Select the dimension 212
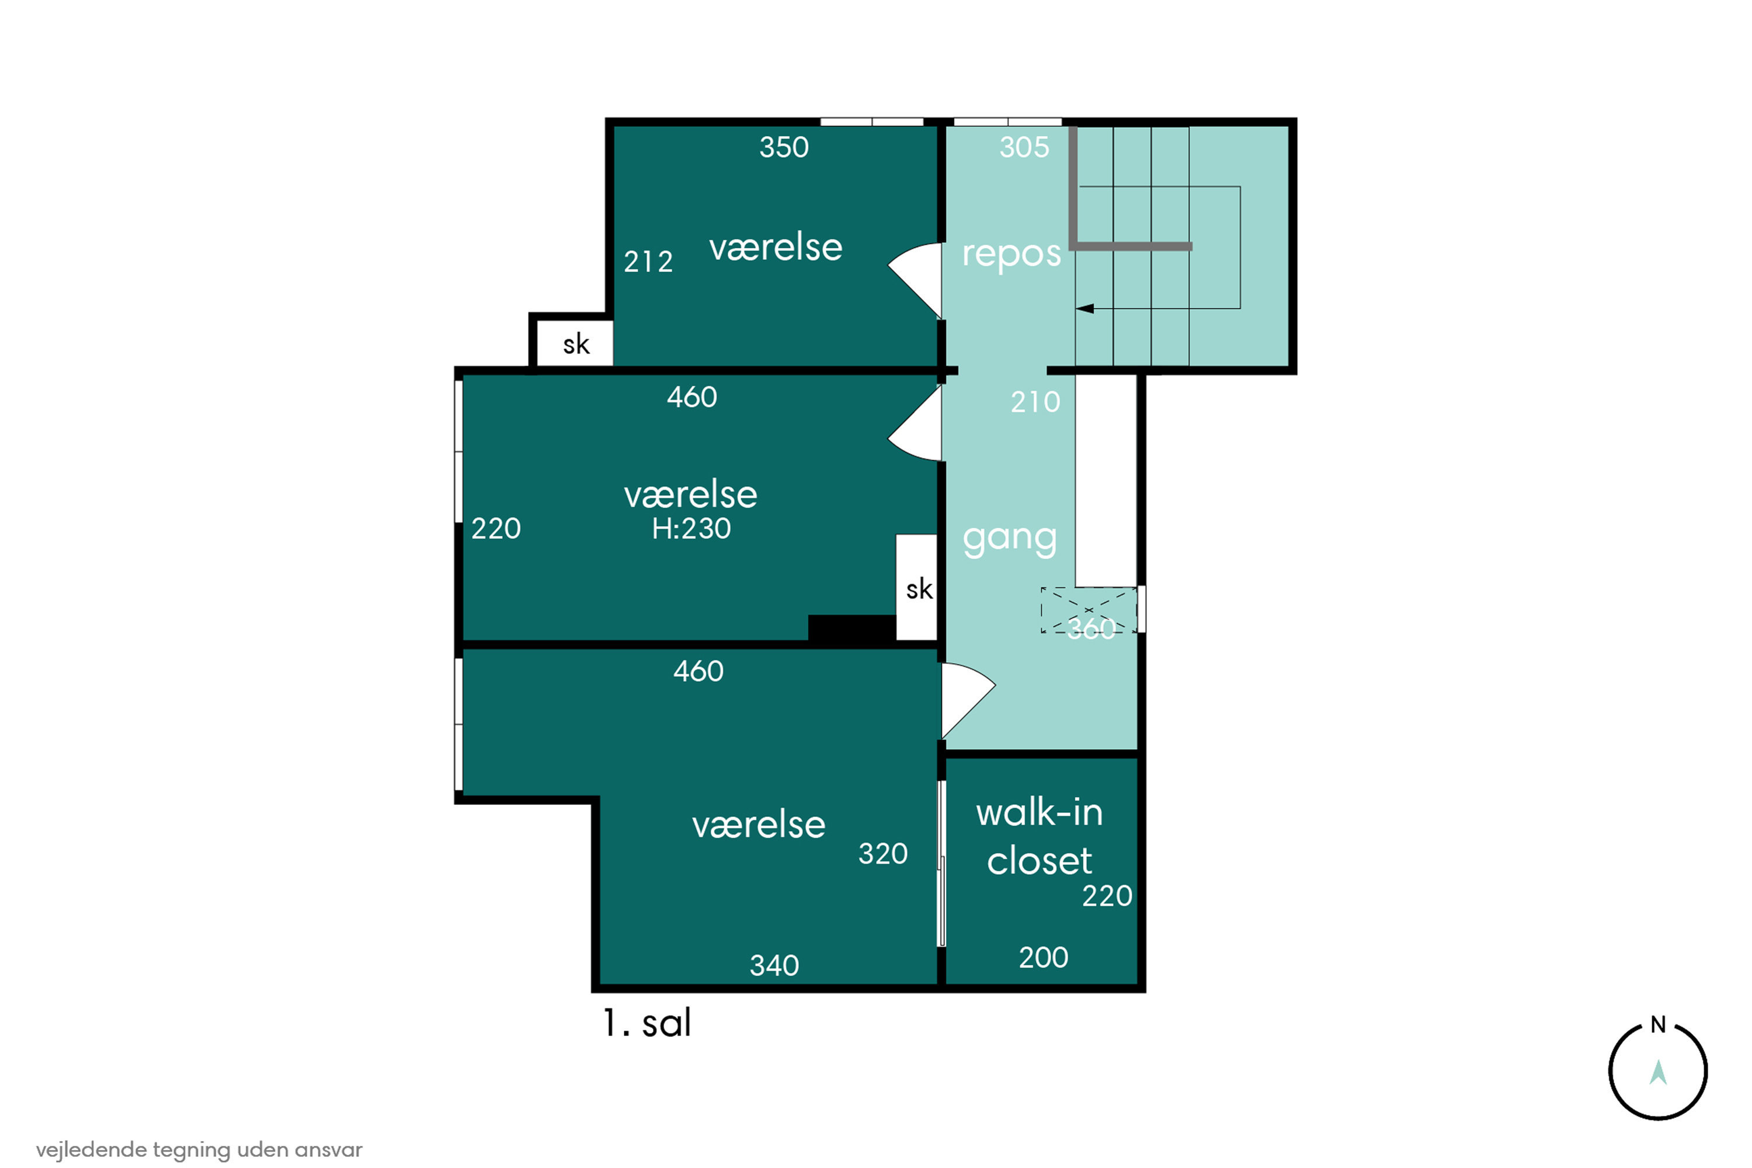click(648, 262)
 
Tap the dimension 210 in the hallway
click(1035, 402)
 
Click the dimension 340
click(774, 966)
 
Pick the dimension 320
click(882, 854)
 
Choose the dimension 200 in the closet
click(1044, 957)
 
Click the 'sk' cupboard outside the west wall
click(575, 344)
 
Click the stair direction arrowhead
click(1084, 308)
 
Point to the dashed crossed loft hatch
click(1089, 610)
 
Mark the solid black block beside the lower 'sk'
click(852, 627)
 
